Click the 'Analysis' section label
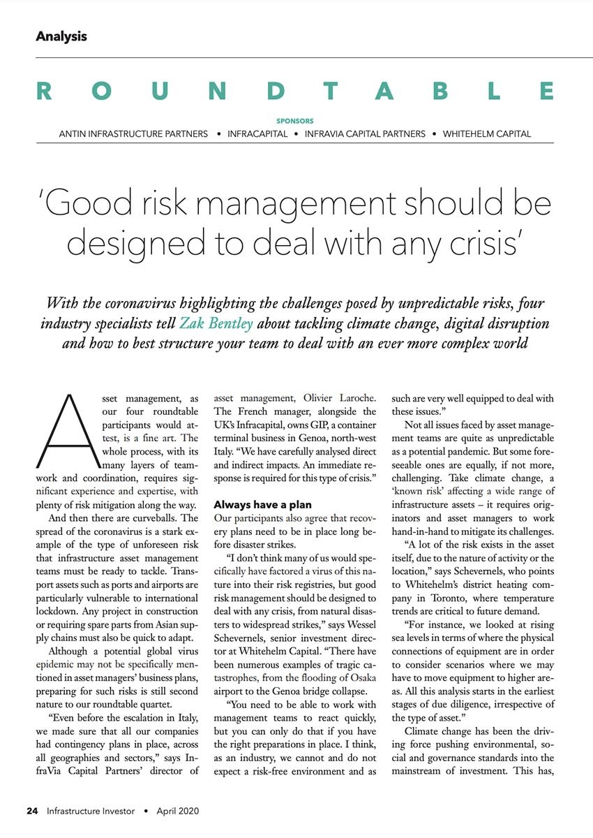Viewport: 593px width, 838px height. click(61, 36)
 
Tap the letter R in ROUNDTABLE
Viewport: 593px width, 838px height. click(44, 91)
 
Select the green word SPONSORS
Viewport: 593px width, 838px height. click(295, 121)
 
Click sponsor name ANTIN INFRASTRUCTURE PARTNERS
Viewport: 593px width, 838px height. click(133, 133)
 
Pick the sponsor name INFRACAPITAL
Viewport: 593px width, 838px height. click(257, 133)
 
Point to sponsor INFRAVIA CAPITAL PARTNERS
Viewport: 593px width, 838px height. click(365, 133)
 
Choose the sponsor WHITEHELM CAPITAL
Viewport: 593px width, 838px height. click(487, 133)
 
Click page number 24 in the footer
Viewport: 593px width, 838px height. click(32, 811)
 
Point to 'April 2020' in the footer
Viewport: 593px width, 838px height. click(177, 811)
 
